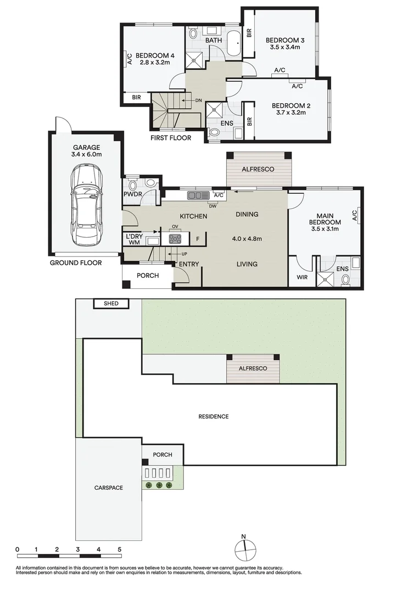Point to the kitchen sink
(x=195, y=195)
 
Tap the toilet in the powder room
(x=150, y=183)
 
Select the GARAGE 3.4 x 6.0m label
(x=87, y=151)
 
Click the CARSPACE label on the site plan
(x=108, y=488)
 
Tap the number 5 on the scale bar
(x=119, y=549)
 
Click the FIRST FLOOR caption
(x=171, y=138)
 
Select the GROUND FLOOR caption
(x=76, y=263)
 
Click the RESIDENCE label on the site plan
(x=214, y=416)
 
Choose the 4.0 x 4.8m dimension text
(x=247, y=239)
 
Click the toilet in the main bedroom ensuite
(x=346, y=279)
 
